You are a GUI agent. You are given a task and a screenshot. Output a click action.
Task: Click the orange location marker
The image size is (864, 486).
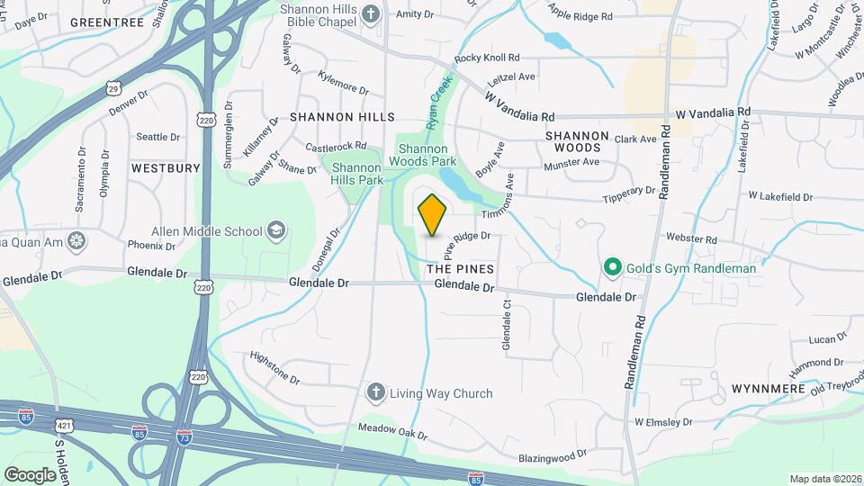[433, 215]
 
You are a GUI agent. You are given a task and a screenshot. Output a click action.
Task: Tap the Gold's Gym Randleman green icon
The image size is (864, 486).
[613, 267]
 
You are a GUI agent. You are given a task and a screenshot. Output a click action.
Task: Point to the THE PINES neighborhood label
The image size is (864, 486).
[460, 269]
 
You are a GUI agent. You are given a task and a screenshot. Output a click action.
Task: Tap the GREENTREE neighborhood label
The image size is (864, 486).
[106, 22]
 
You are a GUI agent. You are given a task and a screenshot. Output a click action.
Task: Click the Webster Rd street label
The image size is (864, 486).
[691, 239]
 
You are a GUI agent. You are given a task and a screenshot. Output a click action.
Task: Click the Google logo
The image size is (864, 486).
[30, 474]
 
